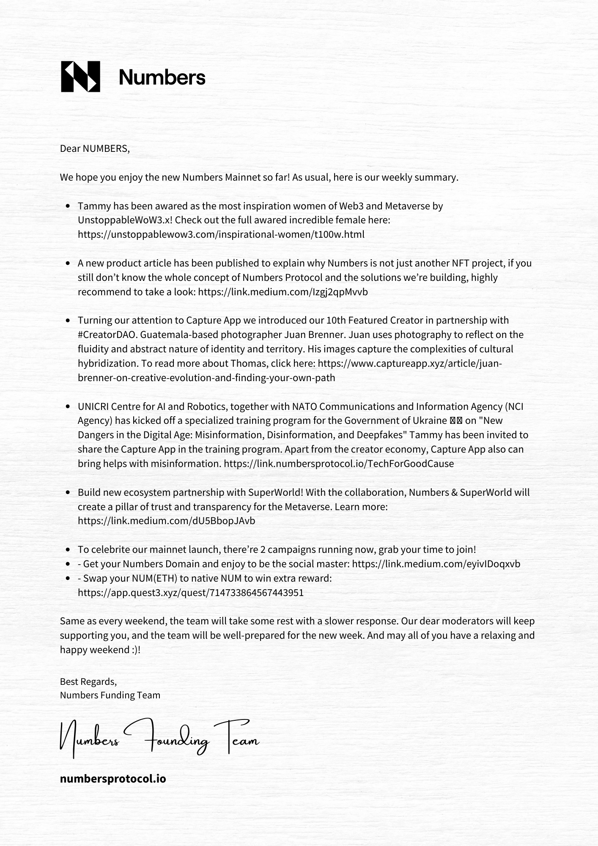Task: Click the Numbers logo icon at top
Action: (81, 77)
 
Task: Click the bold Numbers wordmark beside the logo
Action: (162, 77)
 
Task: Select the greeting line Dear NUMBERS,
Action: (95, 148)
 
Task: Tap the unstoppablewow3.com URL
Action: (221, 234)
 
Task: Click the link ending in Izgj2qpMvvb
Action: (283, 292)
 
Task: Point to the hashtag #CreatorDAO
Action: (107, 335)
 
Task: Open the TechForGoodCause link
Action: (339, 464)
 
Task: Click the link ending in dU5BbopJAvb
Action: (166, 521)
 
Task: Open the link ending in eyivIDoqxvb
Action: (436, 564)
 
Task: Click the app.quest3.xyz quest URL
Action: (190, 593)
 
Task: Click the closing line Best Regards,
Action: (88, 681)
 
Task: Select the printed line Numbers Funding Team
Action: (110, 695)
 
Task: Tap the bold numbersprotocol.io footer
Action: (113, 778)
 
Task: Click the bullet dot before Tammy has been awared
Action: (68, 206)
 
